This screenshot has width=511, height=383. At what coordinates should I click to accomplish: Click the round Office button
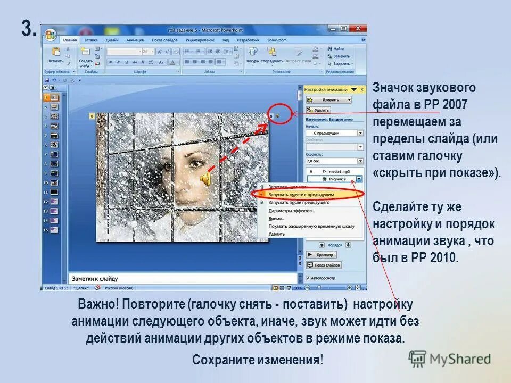point(51,35)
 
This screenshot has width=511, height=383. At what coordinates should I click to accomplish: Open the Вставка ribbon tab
point(91,40)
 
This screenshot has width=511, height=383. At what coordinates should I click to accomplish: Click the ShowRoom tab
point(277,40)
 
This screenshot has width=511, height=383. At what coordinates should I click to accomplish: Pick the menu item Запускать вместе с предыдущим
point(301,195)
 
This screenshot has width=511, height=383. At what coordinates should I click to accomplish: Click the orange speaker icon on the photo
point(205,180)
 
